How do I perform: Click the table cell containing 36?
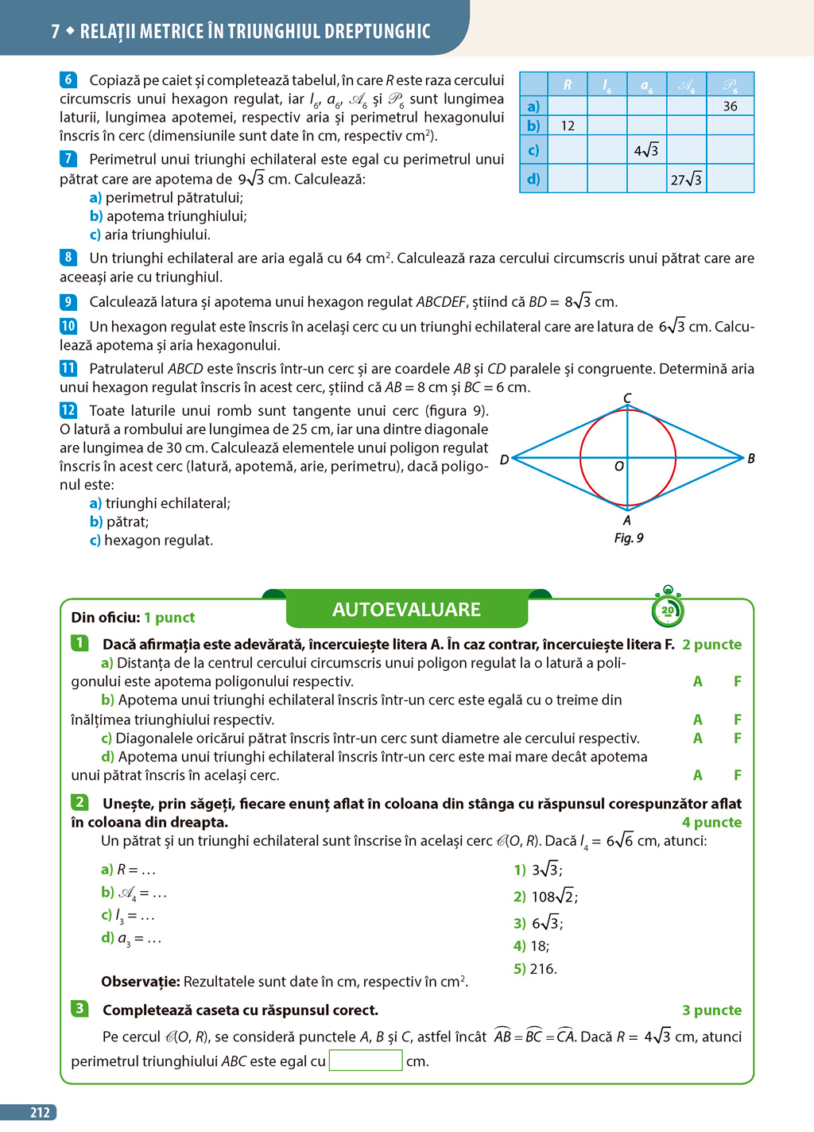(x=730, y=107)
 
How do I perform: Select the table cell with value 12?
(x=568, y=126)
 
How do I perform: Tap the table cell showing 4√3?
(x=646, y=150)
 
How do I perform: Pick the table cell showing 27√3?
(x=686, y=180)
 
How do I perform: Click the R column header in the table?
(x=568, y=84)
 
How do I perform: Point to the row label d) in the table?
(x=533, y=179)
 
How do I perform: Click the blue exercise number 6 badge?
(x=68, y=79)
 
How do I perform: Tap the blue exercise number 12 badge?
(x=68, y=410)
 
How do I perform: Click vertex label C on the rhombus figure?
(x=627, y=398)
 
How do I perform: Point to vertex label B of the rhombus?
(x=750, y=459)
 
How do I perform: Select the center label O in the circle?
(x=618, y=467)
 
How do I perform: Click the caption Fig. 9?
(x=629, y=538)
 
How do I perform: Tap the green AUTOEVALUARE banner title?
(x=406, y=610)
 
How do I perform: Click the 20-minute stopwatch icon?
(x=668, y=609)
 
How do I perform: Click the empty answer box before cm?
(x=366, y=1060)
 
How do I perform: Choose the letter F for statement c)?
(x=738, y=739)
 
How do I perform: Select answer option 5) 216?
(x=535, y=969)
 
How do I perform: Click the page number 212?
(x=40, y=1113)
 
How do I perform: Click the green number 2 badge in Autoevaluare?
(x=79, y=802)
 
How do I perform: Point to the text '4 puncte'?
(x=711, y=823)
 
